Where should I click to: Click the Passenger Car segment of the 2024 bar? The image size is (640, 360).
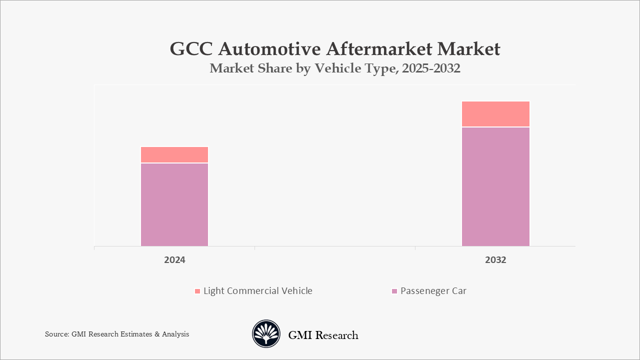tap(174, 204)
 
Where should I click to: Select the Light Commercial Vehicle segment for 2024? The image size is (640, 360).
tap(174, 154)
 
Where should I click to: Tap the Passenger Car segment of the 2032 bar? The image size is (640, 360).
tap(495, 186)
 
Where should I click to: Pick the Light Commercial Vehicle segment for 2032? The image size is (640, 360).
tap(495, 114)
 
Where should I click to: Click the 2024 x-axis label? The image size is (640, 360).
tap(174, 260)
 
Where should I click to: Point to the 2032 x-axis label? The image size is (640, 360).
tap(495, 260)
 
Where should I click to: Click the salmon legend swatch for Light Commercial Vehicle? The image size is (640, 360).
tap(197, 291)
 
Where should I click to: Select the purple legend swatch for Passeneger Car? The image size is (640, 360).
tap(394, 291)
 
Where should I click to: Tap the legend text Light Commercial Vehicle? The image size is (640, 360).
tap(257, 291)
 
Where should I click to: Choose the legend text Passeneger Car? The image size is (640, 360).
tap(433, 291)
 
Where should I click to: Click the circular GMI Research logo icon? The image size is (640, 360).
tap(266, 334)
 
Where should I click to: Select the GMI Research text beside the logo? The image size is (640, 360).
tap(323, 335)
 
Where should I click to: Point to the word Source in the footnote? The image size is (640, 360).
tap(56, 334)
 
